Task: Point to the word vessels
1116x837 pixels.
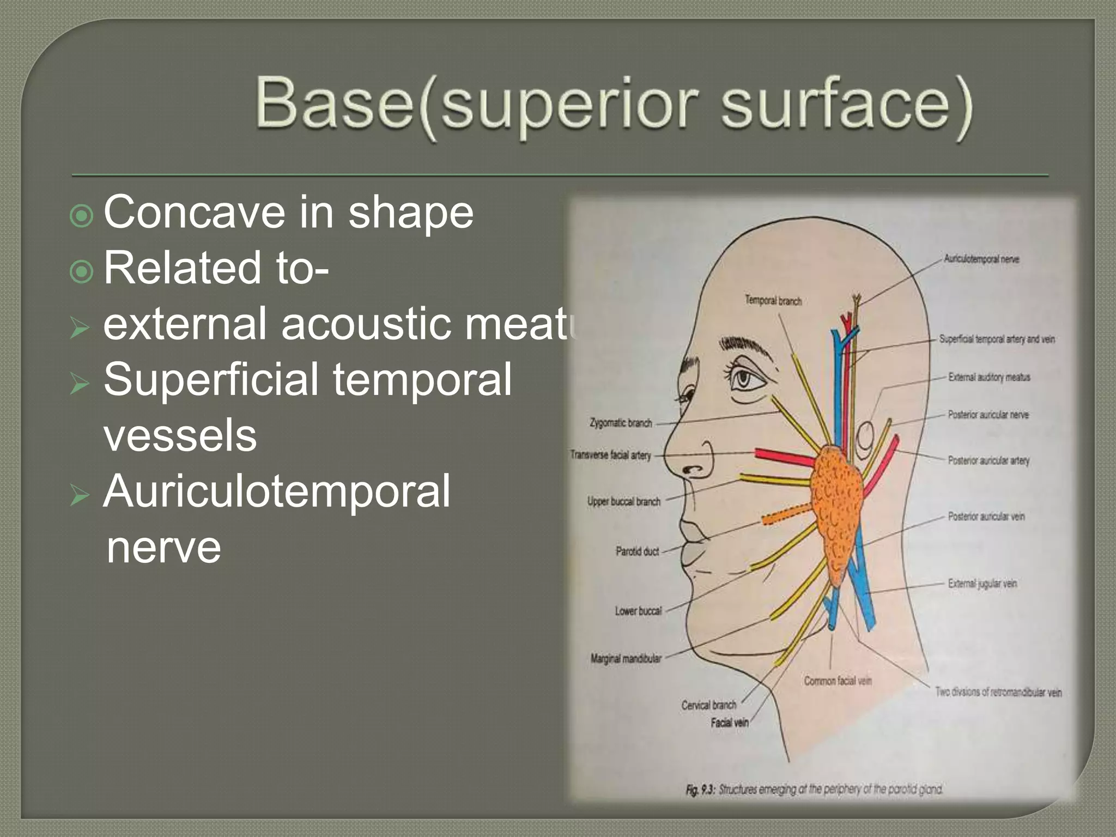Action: pyautogui.click(x=180, y=435)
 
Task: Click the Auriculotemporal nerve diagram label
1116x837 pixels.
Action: pyautogui.click(x=981, y=259)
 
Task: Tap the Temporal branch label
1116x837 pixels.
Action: pyautogui.click(x=773, y=301)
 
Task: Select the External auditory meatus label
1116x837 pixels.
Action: pyautogui.click(x=988, y=377)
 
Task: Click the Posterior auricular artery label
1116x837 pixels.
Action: pyautogui.click(x=988, y=460)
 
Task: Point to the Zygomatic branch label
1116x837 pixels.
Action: pyautogui.click(x=621, y=423)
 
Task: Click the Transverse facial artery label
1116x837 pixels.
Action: pyautogui.click(x=610, y=454)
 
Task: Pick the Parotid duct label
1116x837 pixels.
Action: pyautogui.click(x=637, y=551)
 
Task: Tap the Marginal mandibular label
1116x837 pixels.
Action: pyautogui.click(x=626, y=658)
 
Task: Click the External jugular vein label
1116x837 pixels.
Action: pyautogui.click(x=982, y=584)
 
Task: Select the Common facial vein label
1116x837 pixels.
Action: pyautogui.click(x=838, y=681)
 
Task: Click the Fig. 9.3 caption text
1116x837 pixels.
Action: pyautogui.click(x=814, y=789)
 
